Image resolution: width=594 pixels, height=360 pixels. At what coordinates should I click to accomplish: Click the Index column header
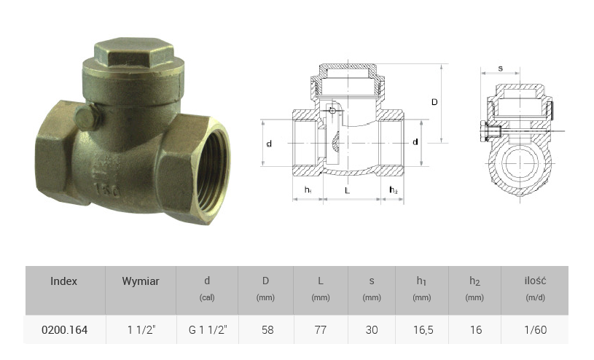point(63,281)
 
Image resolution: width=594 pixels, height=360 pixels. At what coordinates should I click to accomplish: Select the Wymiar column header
point(141,281)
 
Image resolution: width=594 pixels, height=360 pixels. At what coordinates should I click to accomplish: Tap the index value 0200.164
point(64,329)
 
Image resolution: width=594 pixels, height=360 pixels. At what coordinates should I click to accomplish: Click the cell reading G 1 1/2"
point(208,329)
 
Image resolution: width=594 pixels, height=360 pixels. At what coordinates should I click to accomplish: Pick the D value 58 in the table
point(267,329)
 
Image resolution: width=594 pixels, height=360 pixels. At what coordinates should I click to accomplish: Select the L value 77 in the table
point(321,329)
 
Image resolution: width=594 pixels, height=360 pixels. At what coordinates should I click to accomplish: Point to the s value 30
point(372,329)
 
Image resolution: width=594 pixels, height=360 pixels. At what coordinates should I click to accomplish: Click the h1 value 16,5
point(423,329)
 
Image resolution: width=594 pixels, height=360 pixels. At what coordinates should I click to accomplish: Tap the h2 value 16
point(476,329)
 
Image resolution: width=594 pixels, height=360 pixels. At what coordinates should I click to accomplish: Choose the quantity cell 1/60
point(536,329)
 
